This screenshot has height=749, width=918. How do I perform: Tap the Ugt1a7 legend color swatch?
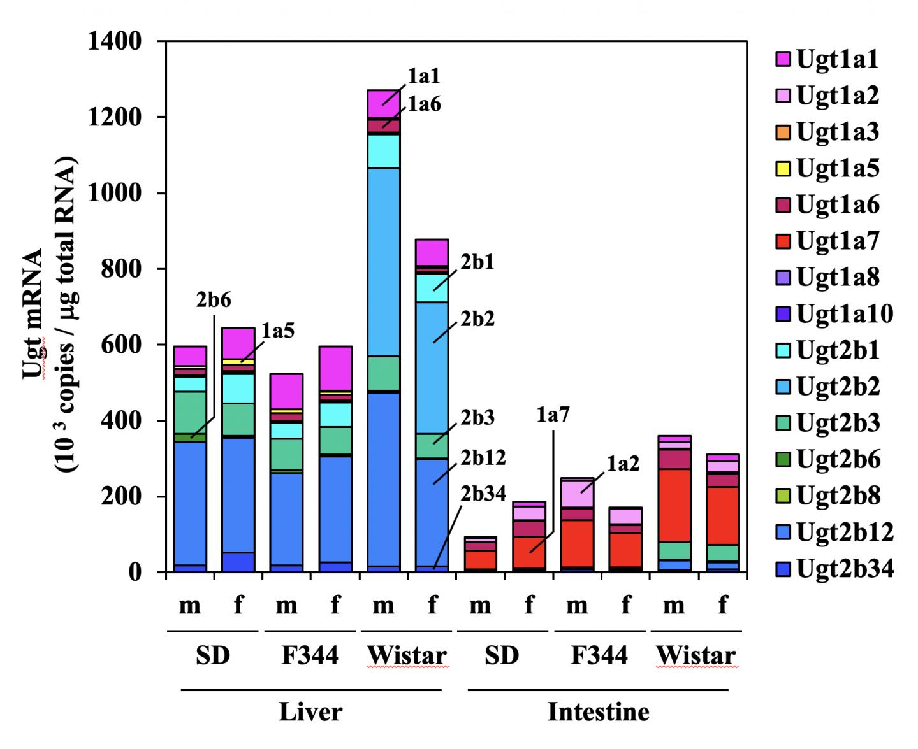coord(783,241)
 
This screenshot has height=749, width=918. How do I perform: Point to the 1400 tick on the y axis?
coord(119,42)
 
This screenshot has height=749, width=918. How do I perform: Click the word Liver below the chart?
coord(310,711)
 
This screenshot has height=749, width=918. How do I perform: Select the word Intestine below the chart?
coord(598,711)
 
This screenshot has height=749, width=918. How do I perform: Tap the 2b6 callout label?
coord(213,300)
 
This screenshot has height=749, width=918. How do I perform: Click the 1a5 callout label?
coord(277,331)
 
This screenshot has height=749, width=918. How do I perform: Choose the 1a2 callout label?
coord(622,464)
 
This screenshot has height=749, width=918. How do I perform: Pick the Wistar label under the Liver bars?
coord(407,655)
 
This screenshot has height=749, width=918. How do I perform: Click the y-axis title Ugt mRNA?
coord(33,312)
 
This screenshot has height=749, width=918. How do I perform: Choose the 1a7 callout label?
coord(553,415)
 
